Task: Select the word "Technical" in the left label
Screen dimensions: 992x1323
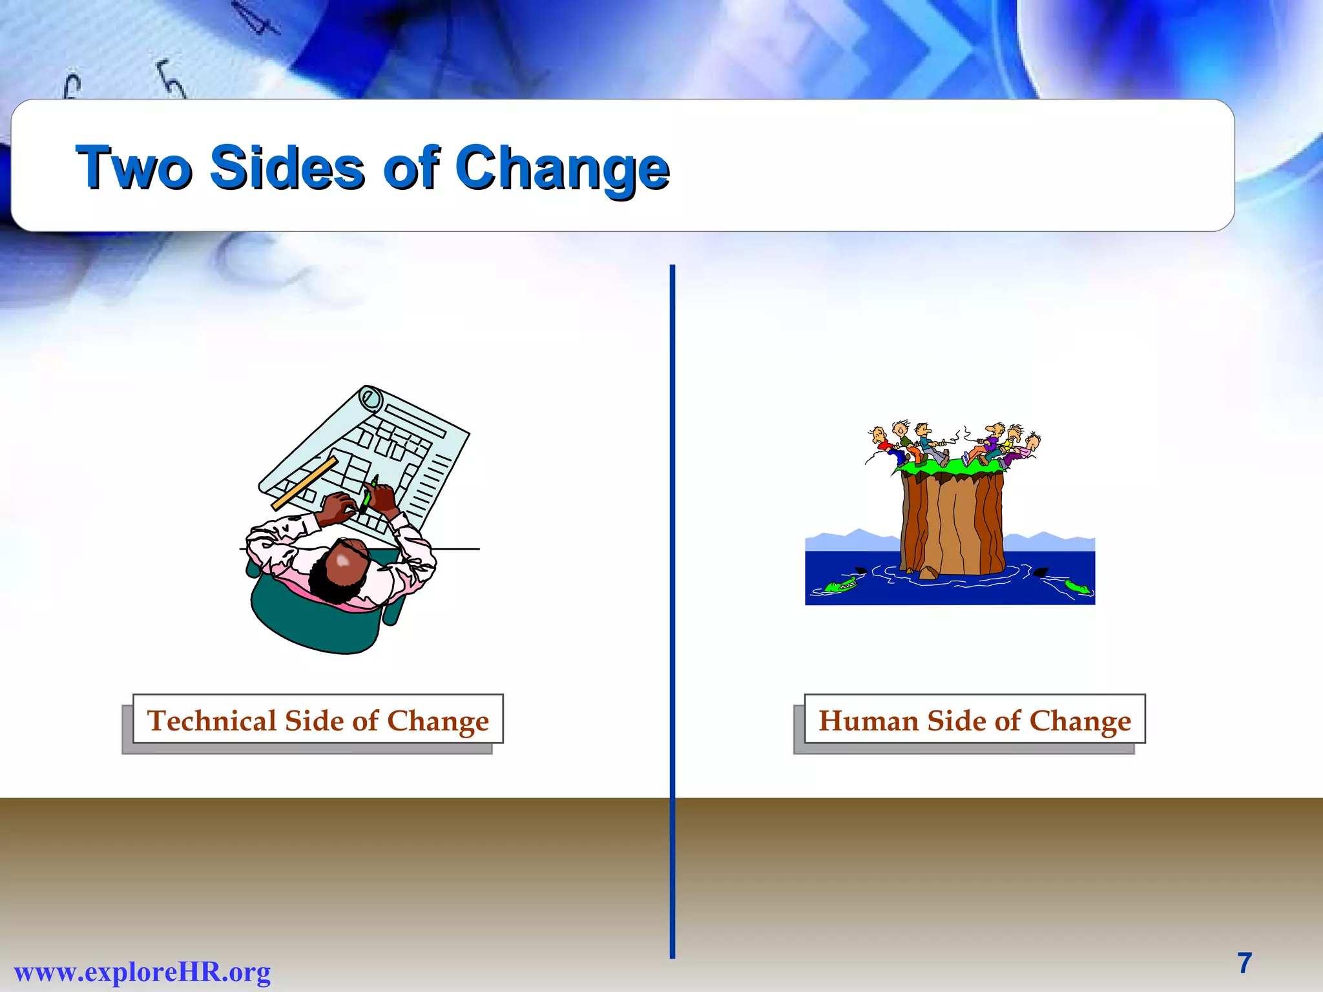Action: (212, 720)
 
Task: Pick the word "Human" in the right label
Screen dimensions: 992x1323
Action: (868, 720)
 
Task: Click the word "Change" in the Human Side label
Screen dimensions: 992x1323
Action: (1080, 721)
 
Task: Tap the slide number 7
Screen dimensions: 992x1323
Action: (1244, 963)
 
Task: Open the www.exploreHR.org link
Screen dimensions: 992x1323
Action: (142, 971)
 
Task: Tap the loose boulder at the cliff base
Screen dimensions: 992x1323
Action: (928, 572)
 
